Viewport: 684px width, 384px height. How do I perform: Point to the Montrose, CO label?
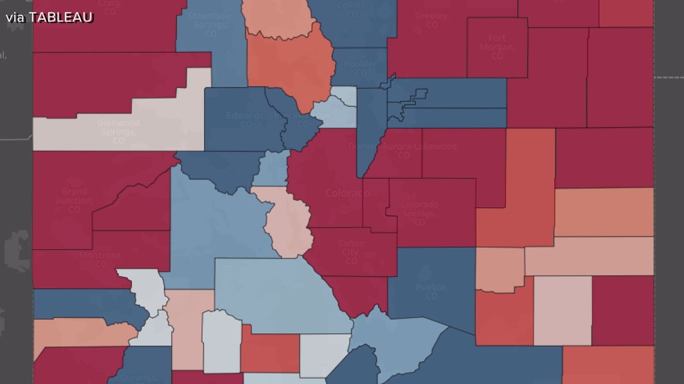[101, 259]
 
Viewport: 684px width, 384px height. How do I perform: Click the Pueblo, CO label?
[431, 292]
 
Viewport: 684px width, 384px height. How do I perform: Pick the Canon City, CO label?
[351, 253]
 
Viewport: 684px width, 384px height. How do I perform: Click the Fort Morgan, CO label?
[497, 47]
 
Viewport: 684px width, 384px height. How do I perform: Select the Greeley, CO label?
[432, 20]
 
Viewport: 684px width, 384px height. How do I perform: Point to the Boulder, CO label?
[361, 68]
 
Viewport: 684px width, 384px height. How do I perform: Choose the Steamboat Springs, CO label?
[210, 20]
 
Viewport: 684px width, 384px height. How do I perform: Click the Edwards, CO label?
[245, 120]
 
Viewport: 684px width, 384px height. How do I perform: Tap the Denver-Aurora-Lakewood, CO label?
[403, 150]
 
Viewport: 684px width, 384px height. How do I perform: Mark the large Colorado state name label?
[347, 193]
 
